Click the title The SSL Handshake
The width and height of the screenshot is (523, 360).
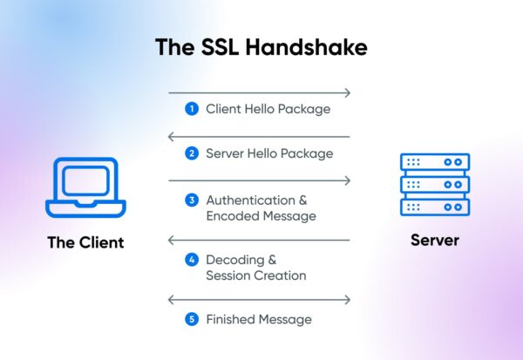(x=261, y=46)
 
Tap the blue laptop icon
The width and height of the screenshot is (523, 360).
(x=85, y=188)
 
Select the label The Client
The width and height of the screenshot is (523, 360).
(x=85, y=242)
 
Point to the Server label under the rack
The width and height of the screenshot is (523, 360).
(x=434, y=239)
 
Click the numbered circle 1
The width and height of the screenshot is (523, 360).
(x=192, y=110)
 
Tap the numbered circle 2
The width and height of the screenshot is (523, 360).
(x=192, y=153)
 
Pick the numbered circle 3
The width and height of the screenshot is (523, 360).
(x=192, y=200)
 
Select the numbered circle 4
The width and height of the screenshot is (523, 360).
(x=192, y=260)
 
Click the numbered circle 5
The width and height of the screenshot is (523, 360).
(x=192, y=319)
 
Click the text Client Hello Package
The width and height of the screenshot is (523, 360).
(x=268, y=110)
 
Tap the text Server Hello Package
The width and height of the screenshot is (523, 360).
(x=269, y=153)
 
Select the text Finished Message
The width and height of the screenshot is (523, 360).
(x=259, y=319)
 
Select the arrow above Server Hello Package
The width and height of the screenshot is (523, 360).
(x=259, y=137)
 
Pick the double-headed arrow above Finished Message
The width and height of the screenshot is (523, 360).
(x=259, y=300)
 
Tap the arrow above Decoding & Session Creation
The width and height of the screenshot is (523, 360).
(x=259, y=240)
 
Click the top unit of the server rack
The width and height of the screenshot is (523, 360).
(x=434, y=163)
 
